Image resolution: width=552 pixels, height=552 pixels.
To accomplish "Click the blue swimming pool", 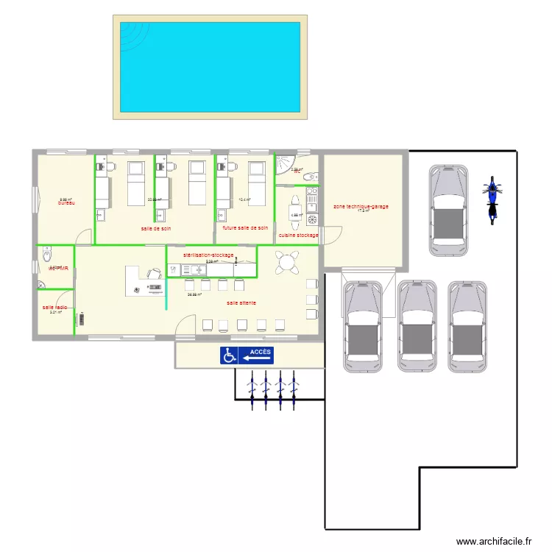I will click(x=210, y=67).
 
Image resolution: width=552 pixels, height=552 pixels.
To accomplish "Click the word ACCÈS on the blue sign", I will click(x=260, y=353).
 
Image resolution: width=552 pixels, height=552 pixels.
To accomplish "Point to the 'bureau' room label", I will click(x=68, y=202).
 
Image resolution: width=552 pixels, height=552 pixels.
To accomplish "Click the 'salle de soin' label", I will click(x=156, y=228).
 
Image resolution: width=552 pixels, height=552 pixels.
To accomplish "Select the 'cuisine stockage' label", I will click(x=298, y=236).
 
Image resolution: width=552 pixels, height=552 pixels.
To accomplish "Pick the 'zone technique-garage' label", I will click(x=361, y=207).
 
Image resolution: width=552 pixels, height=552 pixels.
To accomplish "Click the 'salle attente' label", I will click(x=241, y=302).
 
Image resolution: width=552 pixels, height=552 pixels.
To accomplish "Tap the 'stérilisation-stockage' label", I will click(x=208, y=255).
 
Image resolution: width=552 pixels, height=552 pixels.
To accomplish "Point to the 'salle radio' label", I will click(x=55, y=307).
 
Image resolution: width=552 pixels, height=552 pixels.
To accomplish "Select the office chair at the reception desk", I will click(x=155, y=274).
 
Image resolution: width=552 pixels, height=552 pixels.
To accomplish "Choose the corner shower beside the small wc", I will click(x=284, y=165).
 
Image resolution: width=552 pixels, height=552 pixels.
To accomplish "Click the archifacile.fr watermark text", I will click(x=494, y=541).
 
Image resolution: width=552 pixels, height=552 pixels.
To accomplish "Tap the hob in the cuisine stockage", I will click(x=311, y=197).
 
